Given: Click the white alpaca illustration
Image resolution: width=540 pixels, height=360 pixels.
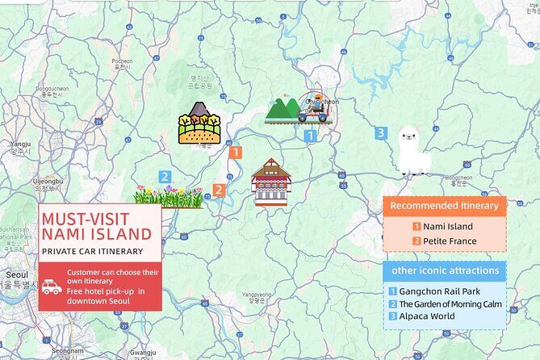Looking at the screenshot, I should pyautogui.click(x=412, y=151).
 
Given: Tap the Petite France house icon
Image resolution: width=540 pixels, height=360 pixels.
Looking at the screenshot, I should pyautogui.click(x=270, y=182).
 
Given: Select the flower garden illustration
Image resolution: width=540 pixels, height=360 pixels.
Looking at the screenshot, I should pyautogui.click(x=169, y=196).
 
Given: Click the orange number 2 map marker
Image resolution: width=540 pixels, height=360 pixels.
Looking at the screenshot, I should pyautogui.click(x=218, y=190).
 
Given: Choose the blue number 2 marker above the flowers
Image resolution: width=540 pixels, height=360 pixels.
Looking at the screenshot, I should pyautogui.click(x=165, y=176).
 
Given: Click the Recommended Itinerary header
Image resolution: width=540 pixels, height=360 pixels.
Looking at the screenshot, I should pyautogui.click(x=444, y=206).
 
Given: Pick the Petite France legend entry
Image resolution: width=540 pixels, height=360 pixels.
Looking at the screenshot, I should pyautogui.click(x=445, y=241).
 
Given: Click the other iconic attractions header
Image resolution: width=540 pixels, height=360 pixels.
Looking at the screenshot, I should pyautogui.click(x=444, y=270).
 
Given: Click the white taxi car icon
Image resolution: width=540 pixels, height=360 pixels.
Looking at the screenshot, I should pyautogui.click(x=52, y=287).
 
